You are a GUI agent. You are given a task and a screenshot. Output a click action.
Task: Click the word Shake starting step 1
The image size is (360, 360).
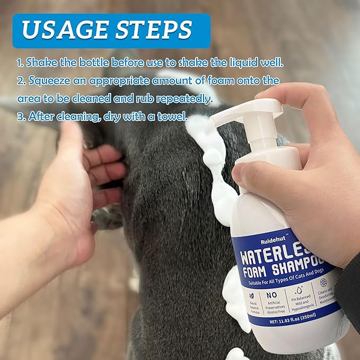pos(44,63)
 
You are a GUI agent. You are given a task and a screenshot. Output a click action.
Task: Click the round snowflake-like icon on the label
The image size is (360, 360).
pos(323,283)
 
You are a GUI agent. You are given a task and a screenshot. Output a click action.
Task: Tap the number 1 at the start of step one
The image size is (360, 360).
pos(19,63)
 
